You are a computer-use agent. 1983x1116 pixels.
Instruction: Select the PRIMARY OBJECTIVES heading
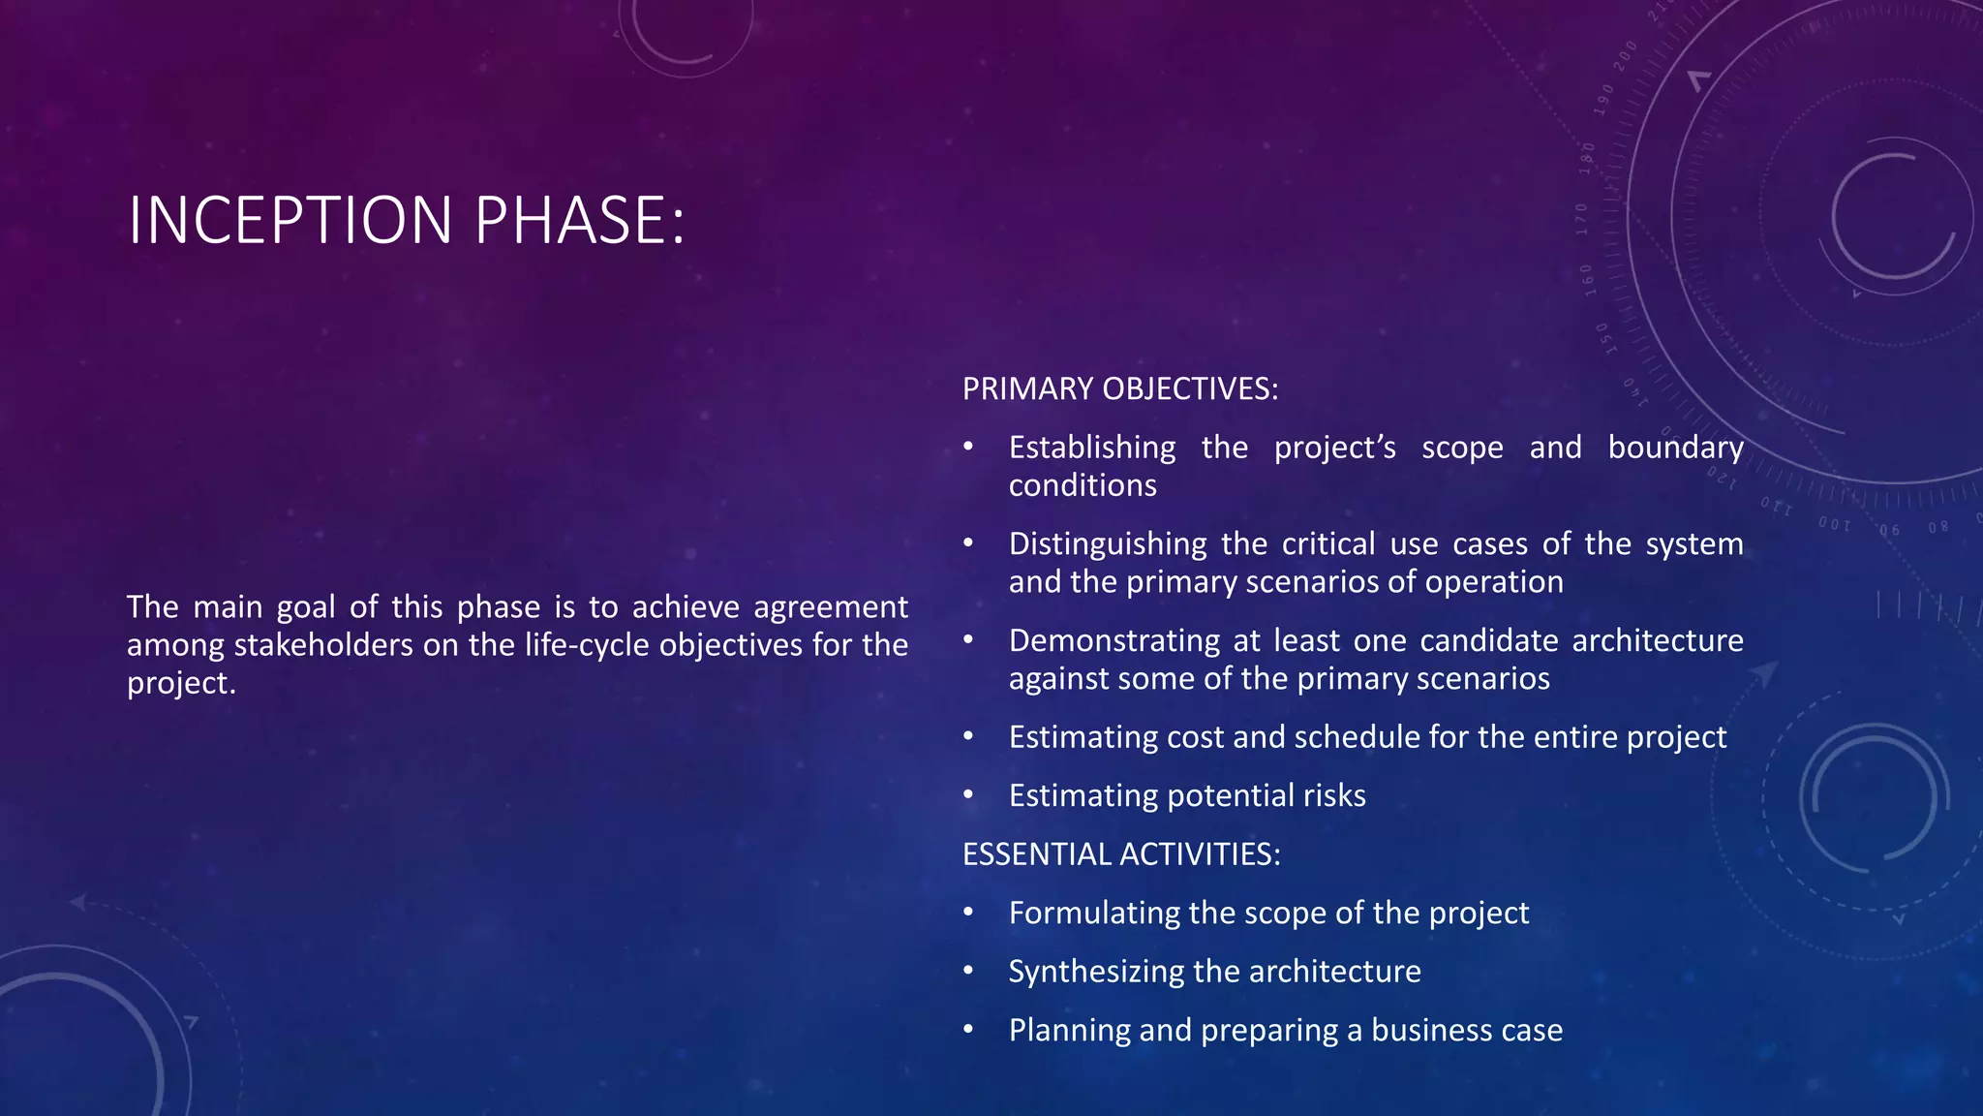(x=1119, y=389)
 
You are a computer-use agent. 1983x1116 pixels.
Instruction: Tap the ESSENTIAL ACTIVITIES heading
(x=1120, y=854)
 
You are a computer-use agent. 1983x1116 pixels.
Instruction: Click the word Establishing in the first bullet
(x=1091, y=448)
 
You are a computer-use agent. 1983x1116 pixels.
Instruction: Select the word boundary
(x=1675, y=448)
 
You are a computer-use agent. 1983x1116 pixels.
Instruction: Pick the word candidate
(x=1489, y=641)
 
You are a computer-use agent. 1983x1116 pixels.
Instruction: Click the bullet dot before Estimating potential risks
(x=967, y=795)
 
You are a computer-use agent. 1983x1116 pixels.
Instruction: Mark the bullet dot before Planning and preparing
(x=967, y=1030)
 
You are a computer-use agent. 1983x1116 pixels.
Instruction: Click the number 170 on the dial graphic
(x=1582, y=219)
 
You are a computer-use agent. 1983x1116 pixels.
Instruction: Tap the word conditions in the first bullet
(x=1082, y=485)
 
